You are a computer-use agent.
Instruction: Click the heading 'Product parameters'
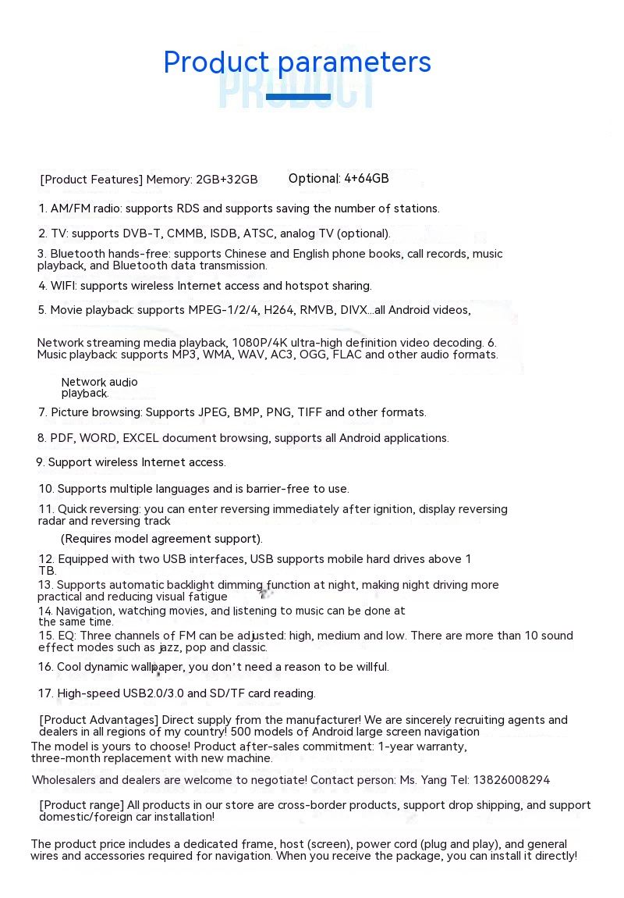point(297,62)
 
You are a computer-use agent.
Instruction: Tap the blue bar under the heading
point(298,97)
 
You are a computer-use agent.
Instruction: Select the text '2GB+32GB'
point(226,180)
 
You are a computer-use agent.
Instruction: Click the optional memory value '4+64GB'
point(366,179)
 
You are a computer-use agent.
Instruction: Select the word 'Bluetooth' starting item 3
point(78,254)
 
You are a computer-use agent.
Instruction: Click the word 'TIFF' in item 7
point(310,412)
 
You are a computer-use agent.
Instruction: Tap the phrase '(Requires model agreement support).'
point(161,539)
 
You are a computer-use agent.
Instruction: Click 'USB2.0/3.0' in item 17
point(154,693)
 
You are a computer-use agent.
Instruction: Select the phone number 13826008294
point(512,780)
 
